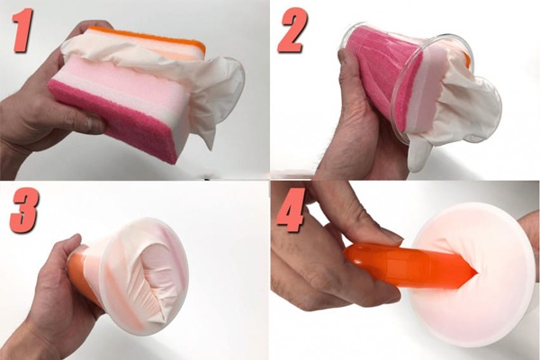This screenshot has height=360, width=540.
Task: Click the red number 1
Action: point(23,31)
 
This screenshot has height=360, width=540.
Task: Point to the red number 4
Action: point(292,210)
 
